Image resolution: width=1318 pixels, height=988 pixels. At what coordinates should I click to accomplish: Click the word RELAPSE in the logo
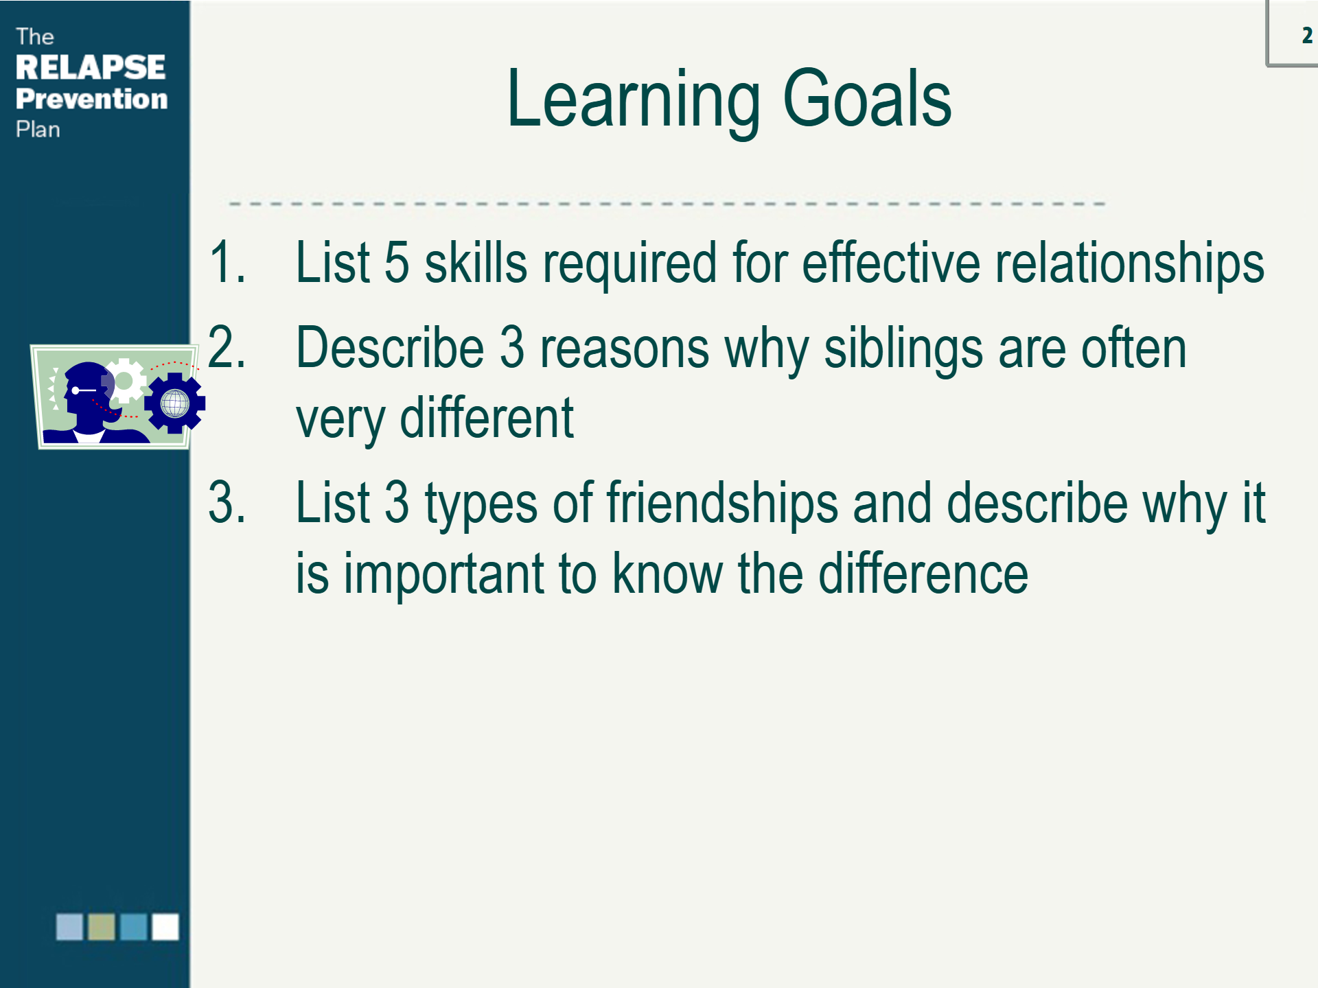coord(91,67)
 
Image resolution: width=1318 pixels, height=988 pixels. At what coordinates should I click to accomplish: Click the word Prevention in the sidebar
coord(92,99)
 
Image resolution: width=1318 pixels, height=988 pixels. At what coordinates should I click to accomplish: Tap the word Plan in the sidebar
coord(38,129)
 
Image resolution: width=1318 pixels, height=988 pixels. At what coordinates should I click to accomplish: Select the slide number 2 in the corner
coord(1306,35)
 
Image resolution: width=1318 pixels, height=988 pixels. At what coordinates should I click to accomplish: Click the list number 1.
coord(227,261)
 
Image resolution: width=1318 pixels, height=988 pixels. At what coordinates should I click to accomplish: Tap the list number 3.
coord(227,502)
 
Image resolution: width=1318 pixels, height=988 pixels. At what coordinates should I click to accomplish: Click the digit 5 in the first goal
coord(397,261)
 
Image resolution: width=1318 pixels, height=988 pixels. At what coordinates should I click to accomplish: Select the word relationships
coord(1130,263)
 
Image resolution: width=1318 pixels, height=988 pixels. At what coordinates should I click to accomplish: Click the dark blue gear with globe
coord(175,403)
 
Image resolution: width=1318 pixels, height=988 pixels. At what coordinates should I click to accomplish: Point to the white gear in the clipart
coord(124,381)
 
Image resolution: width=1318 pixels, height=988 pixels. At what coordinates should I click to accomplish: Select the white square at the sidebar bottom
coord(165,927)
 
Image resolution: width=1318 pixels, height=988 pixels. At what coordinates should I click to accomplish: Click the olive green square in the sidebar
coord(102,927)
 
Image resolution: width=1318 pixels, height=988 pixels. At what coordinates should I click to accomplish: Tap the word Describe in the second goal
coord(390,348)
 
